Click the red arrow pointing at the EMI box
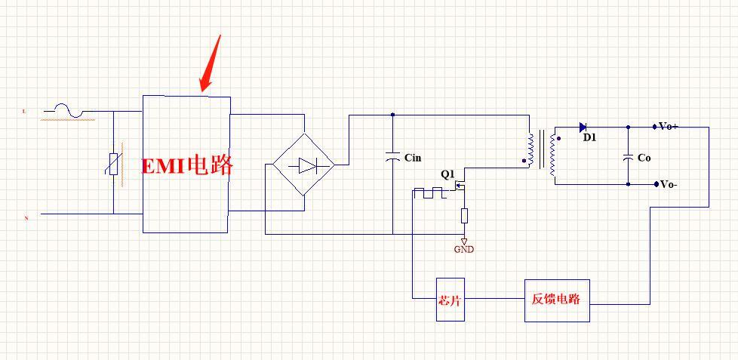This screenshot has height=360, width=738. [x=212, y=62]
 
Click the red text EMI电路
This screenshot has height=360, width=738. [x=188, y=165]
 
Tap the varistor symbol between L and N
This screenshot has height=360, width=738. [x=114, y=164]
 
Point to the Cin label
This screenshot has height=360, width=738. [x=413, y=158]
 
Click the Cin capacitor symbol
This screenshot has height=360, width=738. [x=392, y=158]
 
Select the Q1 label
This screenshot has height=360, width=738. [x=447, y=174]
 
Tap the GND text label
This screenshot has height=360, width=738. [x=464, y=250]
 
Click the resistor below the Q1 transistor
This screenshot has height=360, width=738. [x=464, y=217]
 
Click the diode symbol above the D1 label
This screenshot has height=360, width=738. [x=583, y=127]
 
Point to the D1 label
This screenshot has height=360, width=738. [x=589, y=138]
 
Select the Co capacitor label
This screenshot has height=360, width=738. [x=644, y=158]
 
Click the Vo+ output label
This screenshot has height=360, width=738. [x=668, y=126]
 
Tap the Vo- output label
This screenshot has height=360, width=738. [x=668, y=184]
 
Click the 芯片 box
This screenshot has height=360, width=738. [x=450, y=300]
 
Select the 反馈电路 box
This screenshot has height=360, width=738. [x=557, y=300]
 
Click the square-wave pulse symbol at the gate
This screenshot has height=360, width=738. [x=432, y=194]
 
